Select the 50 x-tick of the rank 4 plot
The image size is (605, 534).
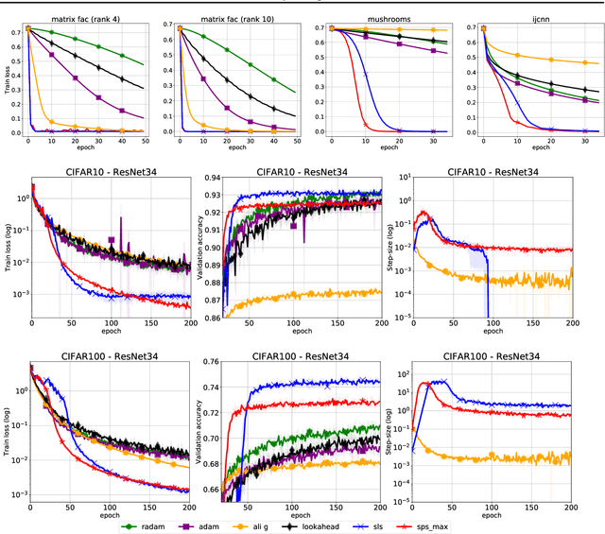pyautogui.click(x=146, y=141)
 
